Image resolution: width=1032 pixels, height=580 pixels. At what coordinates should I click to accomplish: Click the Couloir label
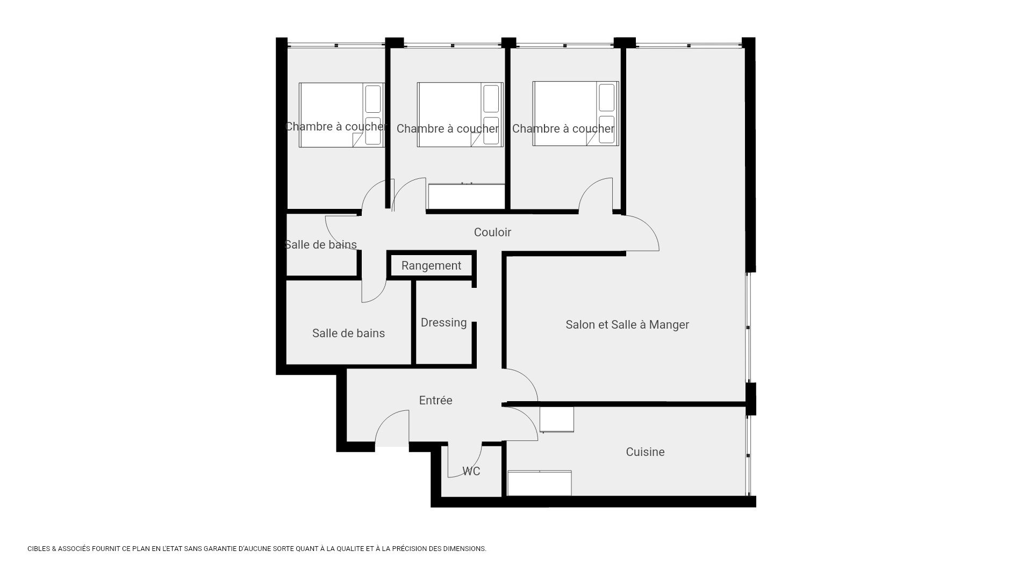[x=492, y=232]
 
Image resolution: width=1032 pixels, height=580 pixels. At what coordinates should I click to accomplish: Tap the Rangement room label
[x=431, y=266]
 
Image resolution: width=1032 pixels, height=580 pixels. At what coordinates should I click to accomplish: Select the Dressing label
[x=443, y=323]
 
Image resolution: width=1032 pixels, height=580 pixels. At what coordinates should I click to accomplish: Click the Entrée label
[x=435, y=400]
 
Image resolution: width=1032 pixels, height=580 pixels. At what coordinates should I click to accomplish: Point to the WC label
[x=471, y=471]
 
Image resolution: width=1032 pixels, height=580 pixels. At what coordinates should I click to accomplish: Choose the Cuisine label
[x=645, y=452]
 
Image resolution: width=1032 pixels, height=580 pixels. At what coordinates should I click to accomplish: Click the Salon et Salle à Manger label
[x=627, y=324]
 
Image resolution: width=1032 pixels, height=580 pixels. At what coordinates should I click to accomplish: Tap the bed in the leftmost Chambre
[x=342, y=115]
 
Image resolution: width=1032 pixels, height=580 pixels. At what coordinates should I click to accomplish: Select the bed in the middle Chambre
[x=460, y=114]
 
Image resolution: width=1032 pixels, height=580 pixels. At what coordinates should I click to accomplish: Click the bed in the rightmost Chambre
[x=576, y=113]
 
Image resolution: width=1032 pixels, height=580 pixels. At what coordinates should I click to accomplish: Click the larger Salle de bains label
[x=348, y=334]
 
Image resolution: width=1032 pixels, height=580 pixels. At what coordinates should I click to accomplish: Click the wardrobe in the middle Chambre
[x=467, y=197]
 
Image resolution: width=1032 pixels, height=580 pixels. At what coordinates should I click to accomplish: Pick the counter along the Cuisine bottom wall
[x=539, y=483]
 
